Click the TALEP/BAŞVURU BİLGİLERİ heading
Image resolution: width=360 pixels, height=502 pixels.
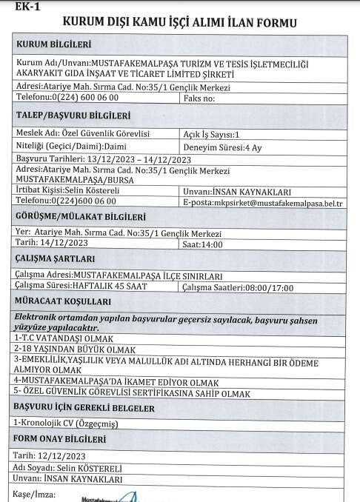click(x=74, y=116)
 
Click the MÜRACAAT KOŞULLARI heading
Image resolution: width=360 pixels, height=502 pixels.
click(x=64, y=302)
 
